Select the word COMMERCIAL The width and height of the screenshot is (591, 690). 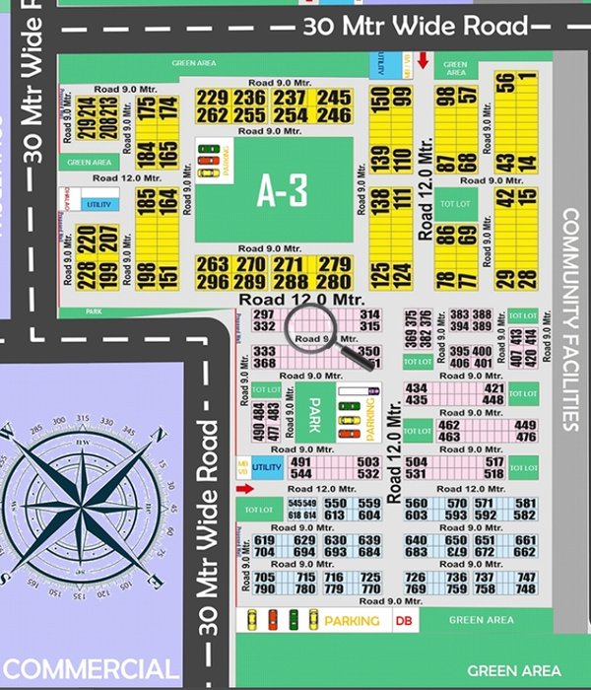coord(91,668)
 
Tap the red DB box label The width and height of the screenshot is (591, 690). coord(402,620)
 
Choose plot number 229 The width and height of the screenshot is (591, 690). coord(212,98)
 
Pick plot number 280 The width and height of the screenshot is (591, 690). coord(336,281)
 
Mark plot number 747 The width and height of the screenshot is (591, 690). coord(526,578)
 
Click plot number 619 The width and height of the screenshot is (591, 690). coord(264,540)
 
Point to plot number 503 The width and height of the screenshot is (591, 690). coord(367,462)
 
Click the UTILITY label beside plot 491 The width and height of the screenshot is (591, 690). coord(267,466)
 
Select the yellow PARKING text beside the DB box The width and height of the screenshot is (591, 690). coord(352,620)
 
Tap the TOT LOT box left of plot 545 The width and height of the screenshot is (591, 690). coord(259,509)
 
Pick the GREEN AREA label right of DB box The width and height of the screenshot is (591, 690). coord(481,620)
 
